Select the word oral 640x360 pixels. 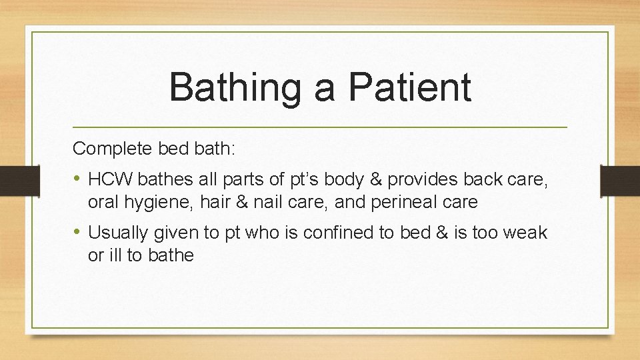click(x=102, y=201)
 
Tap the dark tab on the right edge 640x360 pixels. click(x=620, y=180)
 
